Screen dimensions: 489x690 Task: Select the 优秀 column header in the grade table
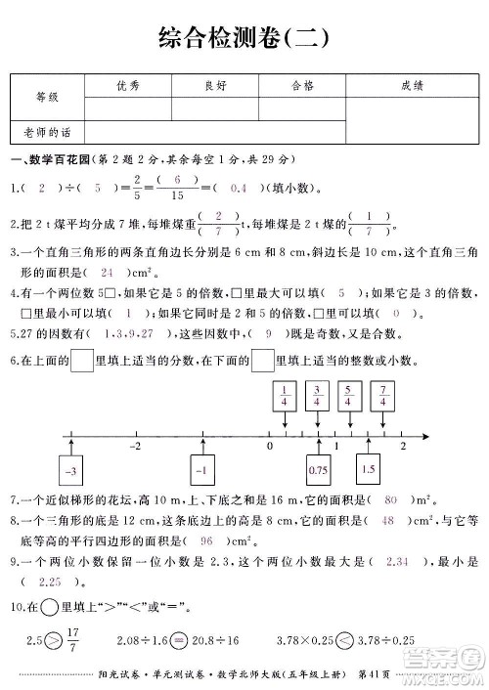pos(127,86)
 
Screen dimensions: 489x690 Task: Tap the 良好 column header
pos(215,86)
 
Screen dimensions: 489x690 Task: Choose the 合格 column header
pos(302,86)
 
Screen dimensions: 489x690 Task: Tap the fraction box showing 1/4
pos(284,396)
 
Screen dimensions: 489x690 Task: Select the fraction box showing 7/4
pos(383,396)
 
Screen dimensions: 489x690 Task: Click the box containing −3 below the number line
pos(69,471)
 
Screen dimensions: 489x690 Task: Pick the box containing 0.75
pos(318,470)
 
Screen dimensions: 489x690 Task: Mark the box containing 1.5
pos(368,469)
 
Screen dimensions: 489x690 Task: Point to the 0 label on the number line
pos(270,446)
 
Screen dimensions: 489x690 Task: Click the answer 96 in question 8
pos(206,567)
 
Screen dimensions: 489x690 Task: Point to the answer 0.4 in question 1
pos(238,187)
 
